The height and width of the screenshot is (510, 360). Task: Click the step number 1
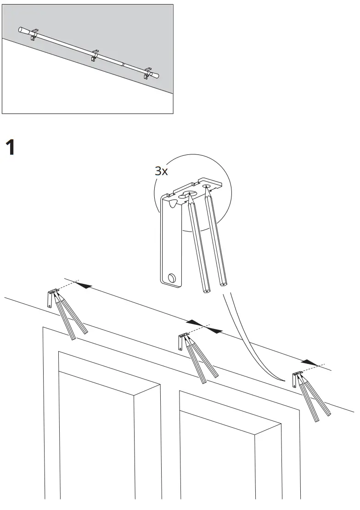pos(10,148)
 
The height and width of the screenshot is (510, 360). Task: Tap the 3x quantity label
pos(161,171)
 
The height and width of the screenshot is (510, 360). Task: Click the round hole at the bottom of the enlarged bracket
pos(172,278)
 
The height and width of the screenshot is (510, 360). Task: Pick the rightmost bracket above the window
pos(295,378)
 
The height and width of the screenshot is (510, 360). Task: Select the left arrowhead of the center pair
pos(194,323)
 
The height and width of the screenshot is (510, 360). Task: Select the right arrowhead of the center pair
pos(214,330)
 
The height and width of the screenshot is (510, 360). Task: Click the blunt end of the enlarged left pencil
pos(205,289)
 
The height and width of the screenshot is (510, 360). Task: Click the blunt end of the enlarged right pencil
pos(224,284)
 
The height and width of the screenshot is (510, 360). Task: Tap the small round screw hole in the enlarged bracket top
pos(206,187)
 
